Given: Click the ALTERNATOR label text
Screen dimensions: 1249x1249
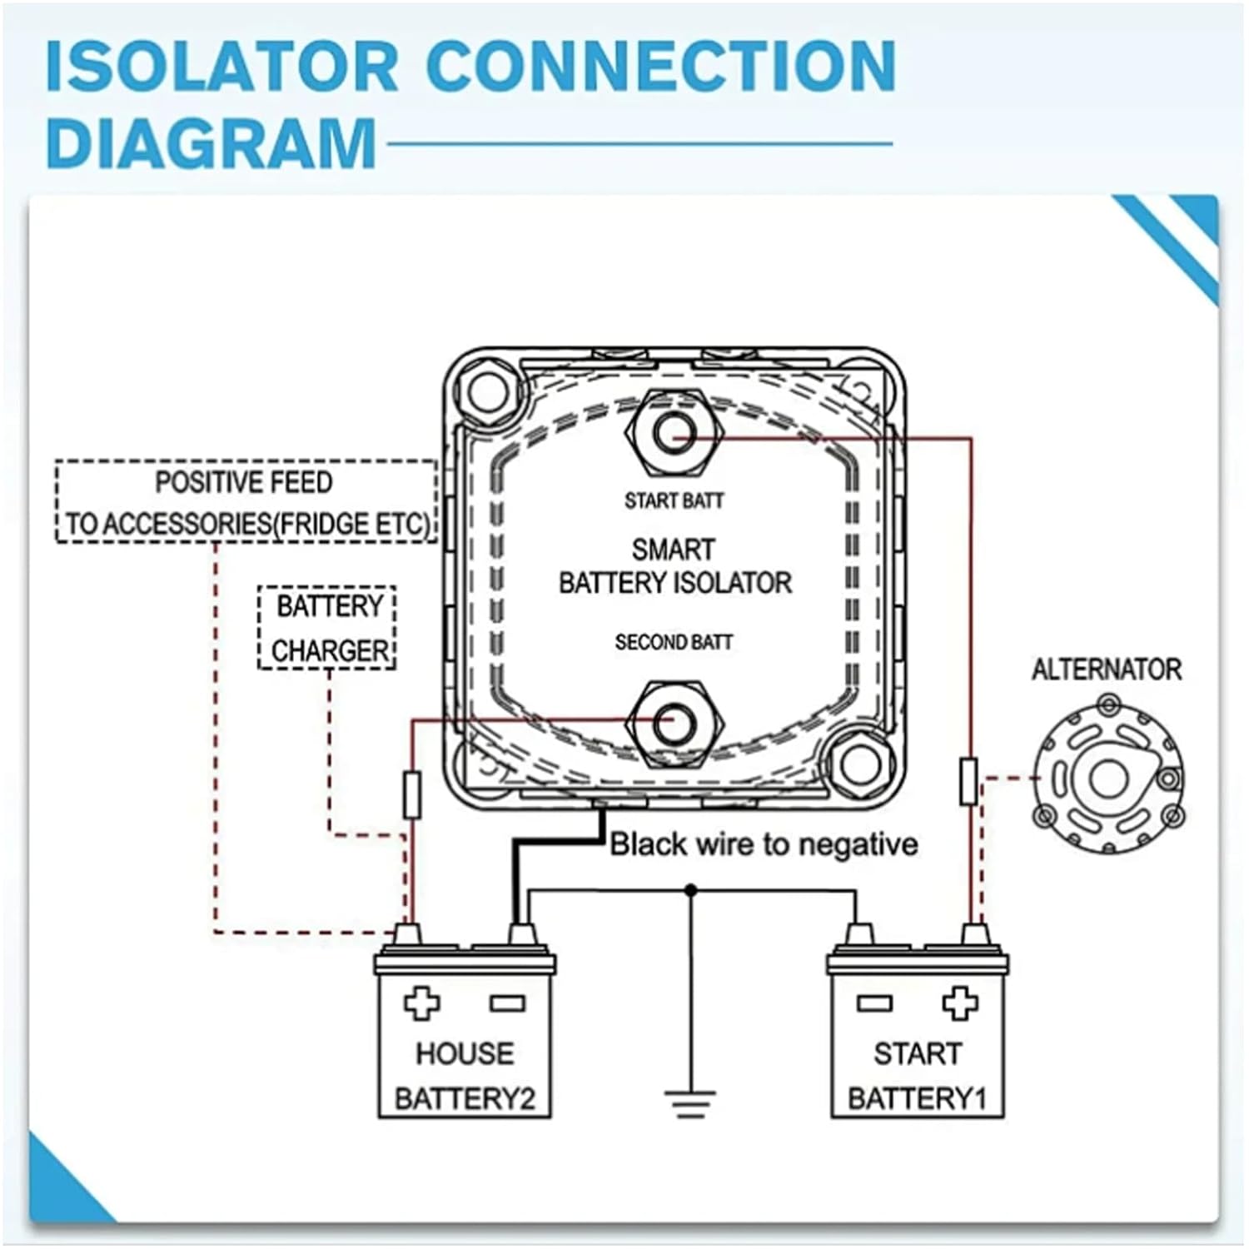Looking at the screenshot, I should (x=1106, y=669).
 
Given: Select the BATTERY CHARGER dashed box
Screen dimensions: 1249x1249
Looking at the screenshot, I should (x=327, y=628).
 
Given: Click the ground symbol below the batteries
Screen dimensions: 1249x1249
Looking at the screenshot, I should (x=690, y=1102).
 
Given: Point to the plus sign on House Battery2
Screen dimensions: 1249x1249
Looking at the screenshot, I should (x=421, y=1003).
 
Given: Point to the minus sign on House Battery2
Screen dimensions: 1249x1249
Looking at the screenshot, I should (x=507, y=1003).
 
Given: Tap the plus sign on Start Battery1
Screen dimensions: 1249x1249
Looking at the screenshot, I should (x=959, y=1003).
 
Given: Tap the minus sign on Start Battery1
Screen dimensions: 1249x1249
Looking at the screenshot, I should (x=873, y=1003).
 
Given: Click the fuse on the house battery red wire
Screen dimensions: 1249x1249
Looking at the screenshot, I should (x=411, y=794).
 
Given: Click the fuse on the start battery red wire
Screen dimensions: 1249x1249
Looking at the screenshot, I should (x=968, y=781).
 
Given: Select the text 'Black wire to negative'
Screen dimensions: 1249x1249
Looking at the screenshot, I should (x=764, y=844).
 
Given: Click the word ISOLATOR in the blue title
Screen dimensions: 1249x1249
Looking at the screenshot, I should (x=221, y=67).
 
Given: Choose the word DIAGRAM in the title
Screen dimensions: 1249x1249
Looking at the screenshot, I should (x=211, y=143).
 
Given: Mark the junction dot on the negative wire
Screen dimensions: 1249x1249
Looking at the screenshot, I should (x=690, y=891).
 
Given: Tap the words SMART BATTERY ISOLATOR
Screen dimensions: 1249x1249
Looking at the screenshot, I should (x=674, y=566).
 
